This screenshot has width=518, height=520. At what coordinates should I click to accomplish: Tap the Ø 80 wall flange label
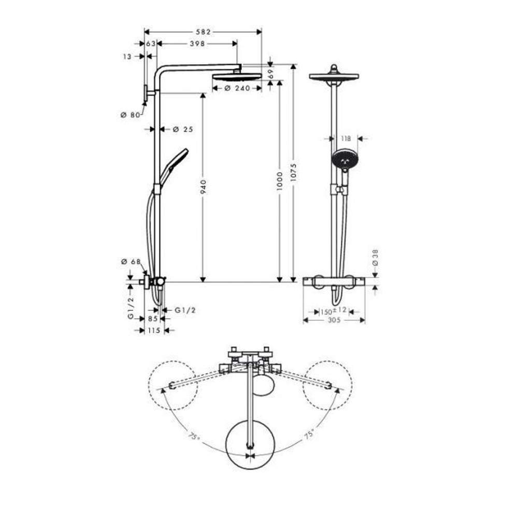129,115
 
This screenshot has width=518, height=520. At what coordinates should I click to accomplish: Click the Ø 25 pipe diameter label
182,129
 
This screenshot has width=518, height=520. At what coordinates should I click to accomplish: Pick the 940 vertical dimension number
203,188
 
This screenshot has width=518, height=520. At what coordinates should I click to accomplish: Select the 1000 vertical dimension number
280,182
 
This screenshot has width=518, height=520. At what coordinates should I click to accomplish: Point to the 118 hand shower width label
347,138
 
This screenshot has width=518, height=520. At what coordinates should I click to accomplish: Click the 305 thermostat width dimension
334,320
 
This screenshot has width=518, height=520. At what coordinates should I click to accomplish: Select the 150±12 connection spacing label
332,312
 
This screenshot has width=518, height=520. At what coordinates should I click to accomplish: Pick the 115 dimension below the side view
153,330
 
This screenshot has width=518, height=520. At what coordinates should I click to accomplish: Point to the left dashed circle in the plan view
172,384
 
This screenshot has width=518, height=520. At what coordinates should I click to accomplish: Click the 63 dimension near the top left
151,44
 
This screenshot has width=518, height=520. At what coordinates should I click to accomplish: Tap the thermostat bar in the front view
334,281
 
